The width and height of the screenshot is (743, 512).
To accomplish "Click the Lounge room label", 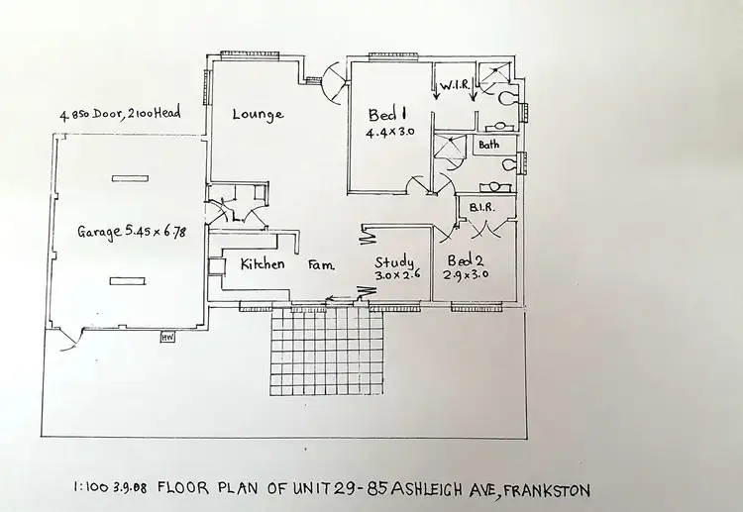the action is tap(258, 114).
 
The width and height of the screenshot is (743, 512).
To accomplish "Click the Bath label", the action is tap(489, 145).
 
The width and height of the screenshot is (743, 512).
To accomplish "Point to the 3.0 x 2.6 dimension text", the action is tap(398, 276).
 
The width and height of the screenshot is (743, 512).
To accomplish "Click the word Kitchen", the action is tap(263, 264).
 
